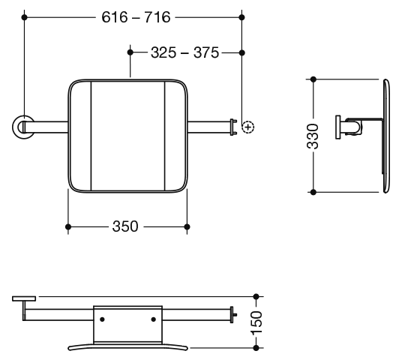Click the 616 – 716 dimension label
pos(136,17)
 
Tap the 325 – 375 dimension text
pos(184,52)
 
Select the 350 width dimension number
pos(125,226)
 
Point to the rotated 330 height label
pos(313,136)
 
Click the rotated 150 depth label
pos(256,322)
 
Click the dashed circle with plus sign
pos(248,127)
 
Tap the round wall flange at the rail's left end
pos(22,127)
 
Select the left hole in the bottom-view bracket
pos(102,319)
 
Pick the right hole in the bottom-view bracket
pos(153,319)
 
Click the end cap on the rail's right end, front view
pos(233,127)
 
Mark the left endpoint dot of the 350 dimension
pos(68,227)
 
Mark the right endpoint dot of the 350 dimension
pos(187,227)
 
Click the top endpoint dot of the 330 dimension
pos(313,79)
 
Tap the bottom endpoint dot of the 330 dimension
pos(313,192)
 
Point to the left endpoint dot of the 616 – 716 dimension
pos(24,17)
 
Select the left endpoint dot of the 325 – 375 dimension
pos(130,52)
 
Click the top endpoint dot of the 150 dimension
pos(256,297)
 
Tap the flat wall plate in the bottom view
pos(24,298)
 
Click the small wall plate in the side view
pos(338,127)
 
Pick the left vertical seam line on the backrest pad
pos(91,136)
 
